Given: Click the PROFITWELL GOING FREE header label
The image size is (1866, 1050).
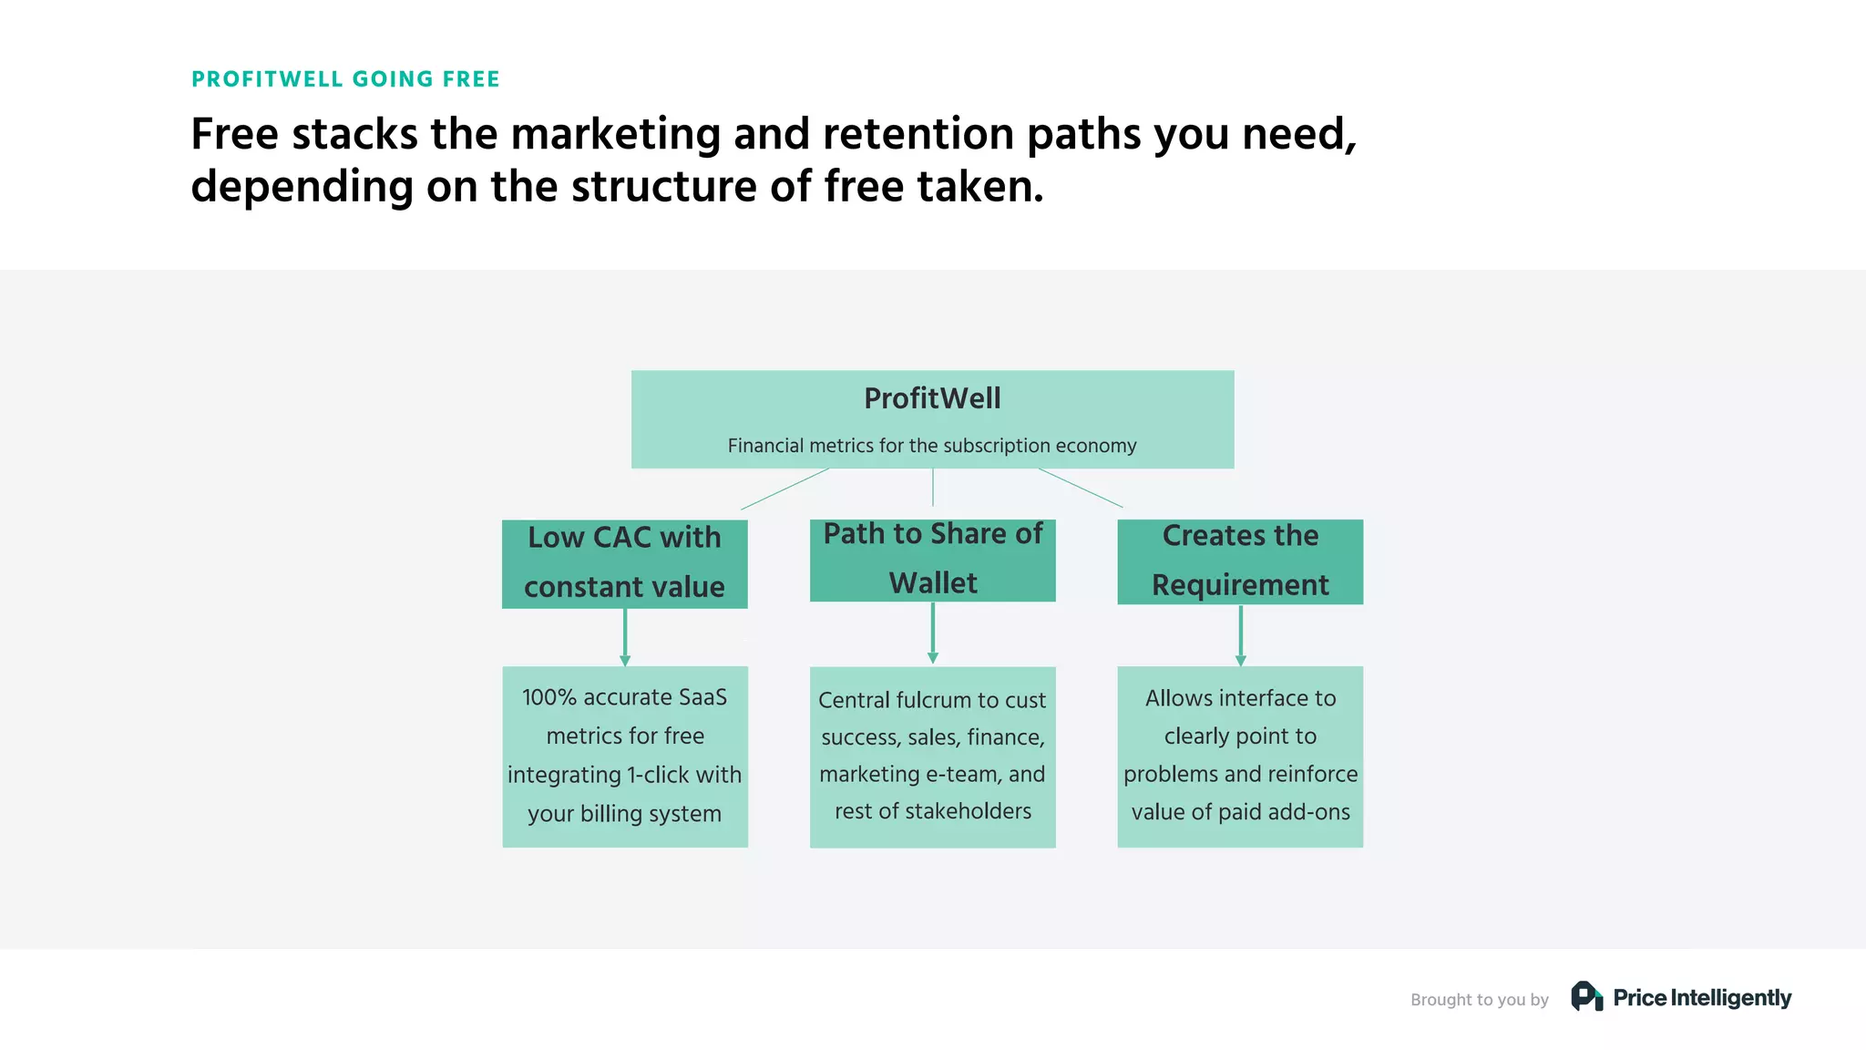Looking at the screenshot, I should (345, 79).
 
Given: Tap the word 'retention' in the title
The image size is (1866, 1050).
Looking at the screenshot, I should (918, 134).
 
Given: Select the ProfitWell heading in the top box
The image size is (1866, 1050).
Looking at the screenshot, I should (932, 398).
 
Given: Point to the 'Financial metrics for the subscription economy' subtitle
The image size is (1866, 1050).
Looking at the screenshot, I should (932, 446).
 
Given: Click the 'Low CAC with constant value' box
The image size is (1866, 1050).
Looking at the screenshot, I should (624, 563).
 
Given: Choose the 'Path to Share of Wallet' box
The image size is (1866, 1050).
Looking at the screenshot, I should (932, 560).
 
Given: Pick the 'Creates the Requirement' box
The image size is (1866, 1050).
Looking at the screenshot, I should (1240, 561).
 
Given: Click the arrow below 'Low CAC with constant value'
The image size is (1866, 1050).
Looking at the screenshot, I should (625, 637).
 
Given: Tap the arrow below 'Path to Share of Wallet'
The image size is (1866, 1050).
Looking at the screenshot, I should (932, 633).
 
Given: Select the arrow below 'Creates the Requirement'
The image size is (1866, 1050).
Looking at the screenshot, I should (1240, 635).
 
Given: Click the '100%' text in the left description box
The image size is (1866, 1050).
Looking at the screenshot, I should (549, 697).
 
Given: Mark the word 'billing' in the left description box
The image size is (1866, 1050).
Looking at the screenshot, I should (615, 814).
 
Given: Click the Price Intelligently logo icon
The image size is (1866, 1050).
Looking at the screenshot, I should (1586, 996).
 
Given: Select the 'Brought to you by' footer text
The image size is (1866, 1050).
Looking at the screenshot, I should (1479, 1000).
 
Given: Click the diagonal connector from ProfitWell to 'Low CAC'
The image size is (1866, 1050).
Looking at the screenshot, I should (784, 489).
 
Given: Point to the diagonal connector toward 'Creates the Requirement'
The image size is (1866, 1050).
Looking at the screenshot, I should (1081, 488).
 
